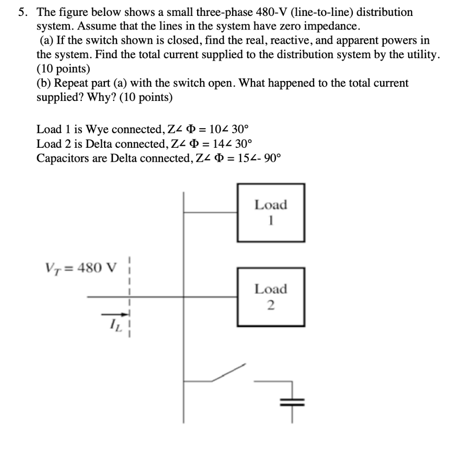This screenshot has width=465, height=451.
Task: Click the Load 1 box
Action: tap(271, 212)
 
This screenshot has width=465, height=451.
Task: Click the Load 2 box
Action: tap(271, 296)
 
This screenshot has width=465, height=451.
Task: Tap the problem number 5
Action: tap(21, 13)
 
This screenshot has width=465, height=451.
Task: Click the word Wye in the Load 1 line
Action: tap(94, 130)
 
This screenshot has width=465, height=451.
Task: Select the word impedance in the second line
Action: tap(333, 27)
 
